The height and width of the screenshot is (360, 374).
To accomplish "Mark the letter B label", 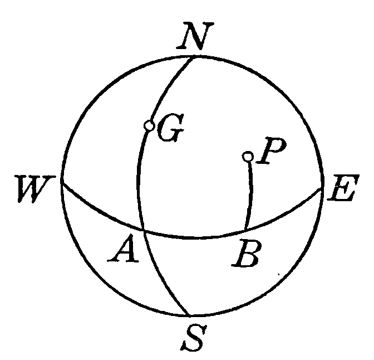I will [x=246, y=256].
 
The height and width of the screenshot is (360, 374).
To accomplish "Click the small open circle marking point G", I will [x=149, y=126].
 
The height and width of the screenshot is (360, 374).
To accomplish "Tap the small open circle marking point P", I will [x=248, y=157].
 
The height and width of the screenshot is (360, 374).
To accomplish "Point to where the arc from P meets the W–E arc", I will [x=245, y=230].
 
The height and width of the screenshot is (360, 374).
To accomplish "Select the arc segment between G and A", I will [x=139, y=178].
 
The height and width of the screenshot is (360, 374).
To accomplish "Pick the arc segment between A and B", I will [x=195, y=239].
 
